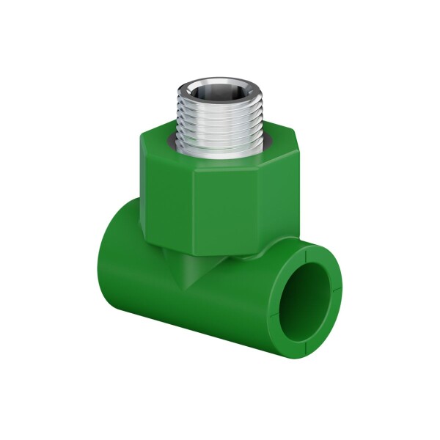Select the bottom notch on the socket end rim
pos(304,341)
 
